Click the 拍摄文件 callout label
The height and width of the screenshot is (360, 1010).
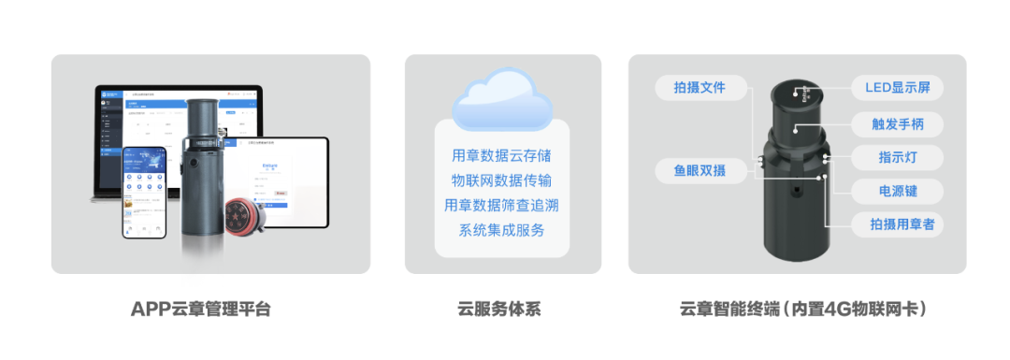700,88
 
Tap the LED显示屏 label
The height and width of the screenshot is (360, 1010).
897,88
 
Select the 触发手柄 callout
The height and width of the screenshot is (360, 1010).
897,123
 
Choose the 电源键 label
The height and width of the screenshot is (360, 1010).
897,191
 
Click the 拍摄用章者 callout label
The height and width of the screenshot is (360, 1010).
897,223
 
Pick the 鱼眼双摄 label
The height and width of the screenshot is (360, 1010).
700,170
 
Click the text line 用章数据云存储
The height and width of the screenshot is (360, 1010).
501,155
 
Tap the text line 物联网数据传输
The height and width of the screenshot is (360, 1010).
501,180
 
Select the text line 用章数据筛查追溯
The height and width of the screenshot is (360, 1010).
501,205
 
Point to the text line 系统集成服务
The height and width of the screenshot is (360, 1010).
501,230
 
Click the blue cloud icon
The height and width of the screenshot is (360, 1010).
501,101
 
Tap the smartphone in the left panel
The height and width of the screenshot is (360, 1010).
143,192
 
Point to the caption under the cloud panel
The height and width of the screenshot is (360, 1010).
500,308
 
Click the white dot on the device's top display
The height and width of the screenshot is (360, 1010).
797,92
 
